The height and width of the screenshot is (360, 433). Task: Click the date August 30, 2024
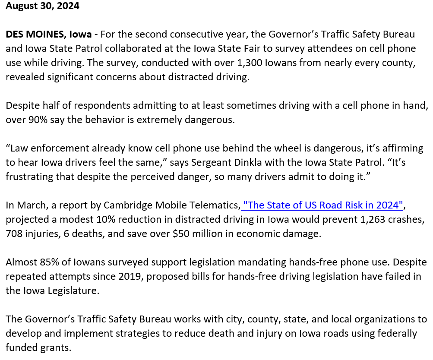[x=42, y=6]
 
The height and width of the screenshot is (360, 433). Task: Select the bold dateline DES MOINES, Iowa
[x=48, y=35]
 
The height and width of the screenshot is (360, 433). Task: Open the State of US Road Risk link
[x=323, y=205]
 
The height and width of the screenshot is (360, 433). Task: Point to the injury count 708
[x=15, y=234]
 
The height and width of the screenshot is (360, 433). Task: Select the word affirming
[x=401, y=148]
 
